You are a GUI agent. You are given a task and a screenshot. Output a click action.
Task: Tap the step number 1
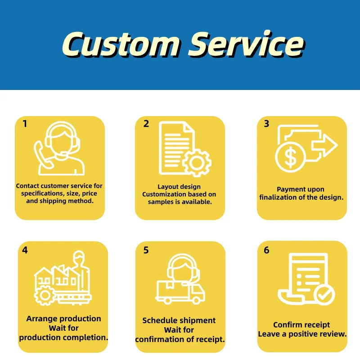[25, 124]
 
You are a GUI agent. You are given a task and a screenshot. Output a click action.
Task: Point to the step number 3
[267, 124]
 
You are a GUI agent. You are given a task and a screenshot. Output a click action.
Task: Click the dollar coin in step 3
[291, 157]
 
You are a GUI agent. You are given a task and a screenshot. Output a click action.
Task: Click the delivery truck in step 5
[180, 291]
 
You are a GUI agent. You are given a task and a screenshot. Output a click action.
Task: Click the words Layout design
[179, 187]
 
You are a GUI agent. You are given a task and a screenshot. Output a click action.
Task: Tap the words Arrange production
[63, 319]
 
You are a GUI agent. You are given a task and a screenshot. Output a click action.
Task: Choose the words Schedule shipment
[179, 320]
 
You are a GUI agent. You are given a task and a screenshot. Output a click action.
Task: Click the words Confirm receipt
[301, 325]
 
